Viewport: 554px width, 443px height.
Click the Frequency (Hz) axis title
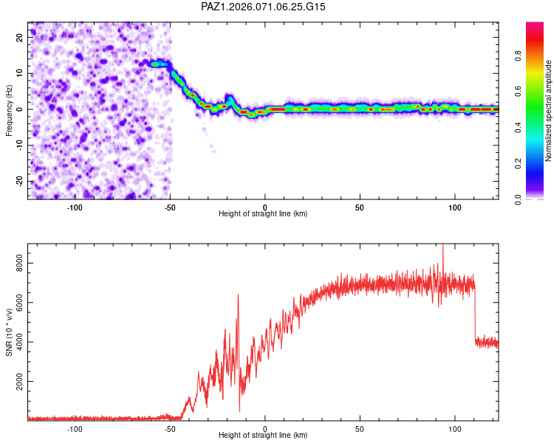click(9, 110)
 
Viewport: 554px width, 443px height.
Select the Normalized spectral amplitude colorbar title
click(548, 111)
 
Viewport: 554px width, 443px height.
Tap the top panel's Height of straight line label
click(263, 213)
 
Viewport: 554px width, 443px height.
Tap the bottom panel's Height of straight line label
click(263, 436)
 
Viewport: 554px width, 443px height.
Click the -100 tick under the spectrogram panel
click(75, 207)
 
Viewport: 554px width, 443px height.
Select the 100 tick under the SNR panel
click(454, 429)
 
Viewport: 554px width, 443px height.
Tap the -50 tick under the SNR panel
click(170, 429)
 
